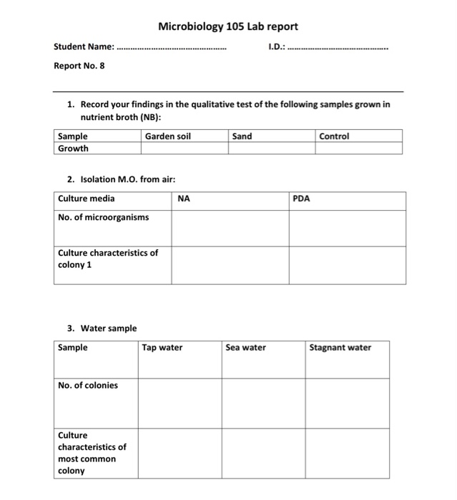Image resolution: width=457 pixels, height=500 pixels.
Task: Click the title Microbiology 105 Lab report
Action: coord(228,26)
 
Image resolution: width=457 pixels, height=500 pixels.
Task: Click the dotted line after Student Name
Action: coord(171,49)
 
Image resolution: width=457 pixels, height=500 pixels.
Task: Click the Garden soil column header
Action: coord(167,136)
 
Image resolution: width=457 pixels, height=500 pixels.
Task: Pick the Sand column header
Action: coord(242,136)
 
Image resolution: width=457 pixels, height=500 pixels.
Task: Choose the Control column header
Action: coord(334,136)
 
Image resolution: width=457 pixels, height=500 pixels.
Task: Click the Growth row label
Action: coord(73,148)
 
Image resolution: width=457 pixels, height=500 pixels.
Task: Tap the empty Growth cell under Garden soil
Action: coord(184,148)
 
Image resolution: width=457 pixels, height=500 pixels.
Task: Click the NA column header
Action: coord(184,199)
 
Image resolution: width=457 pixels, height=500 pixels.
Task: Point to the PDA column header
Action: coord(302,199)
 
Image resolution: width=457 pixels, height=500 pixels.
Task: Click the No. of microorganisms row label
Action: coord(103,217)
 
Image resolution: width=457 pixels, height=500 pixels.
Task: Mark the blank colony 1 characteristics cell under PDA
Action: coord(347,264)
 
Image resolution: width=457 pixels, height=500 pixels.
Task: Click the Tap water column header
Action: coord(162,348)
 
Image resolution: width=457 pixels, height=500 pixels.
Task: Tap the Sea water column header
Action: coord(245,348)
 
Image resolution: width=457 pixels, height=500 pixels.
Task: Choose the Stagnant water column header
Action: coord(340,348)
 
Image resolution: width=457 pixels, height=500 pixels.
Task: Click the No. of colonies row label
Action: coord(88,385)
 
